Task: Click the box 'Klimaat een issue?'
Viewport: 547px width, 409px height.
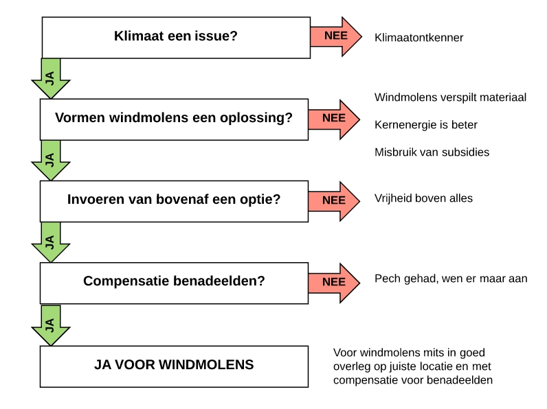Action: [176, 38]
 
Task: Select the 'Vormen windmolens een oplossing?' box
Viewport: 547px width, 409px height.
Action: [174, 119]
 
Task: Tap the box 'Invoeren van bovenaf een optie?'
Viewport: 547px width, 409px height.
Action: [174, 201]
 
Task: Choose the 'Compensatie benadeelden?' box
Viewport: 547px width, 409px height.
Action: [174, 283]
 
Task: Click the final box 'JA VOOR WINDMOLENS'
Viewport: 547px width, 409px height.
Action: [174, 366]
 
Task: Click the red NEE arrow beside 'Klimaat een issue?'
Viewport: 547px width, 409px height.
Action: [336, 36]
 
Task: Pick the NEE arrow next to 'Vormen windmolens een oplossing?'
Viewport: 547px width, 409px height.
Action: [334, 119]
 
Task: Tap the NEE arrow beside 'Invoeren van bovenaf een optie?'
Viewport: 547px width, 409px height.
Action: [334, 201]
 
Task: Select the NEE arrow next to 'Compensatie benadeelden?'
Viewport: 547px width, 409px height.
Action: [334, 283]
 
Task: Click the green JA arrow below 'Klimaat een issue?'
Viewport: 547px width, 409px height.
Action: [51, 79]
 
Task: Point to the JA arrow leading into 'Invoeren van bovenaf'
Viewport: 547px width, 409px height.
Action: [51, 161]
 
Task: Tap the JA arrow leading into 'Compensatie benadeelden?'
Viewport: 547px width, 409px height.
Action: [51, 242]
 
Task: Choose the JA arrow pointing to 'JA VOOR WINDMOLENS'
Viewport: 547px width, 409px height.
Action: [51, 325]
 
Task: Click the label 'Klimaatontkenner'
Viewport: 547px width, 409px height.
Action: [418, 38]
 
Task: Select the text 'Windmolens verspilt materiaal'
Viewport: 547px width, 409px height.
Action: [450, 97]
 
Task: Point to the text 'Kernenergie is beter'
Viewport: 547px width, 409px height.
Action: [425, 125]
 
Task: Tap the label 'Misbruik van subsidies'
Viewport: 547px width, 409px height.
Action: [432, 152]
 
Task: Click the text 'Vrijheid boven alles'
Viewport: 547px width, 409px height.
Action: [423, 198]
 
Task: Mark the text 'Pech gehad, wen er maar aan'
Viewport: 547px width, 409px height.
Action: [451, 279]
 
